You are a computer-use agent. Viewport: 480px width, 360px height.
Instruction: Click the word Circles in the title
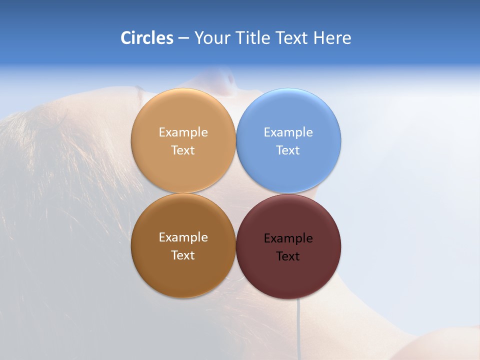[147, 38]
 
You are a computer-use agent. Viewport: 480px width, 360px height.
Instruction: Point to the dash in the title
[183, 38]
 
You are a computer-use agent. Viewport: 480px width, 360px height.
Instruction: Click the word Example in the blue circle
[288, 132]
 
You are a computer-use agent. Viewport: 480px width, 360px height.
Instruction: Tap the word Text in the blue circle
[288, 150]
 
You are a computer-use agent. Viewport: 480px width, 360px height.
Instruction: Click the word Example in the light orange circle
[183, 132]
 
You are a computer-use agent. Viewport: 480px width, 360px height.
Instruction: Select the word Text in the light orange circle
[183, 150]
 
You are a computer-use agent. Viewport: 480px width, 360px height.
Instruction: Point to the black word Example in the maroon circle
[288, 238]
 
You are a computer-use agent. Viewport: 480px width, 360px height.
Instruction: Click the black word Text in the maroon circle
[288, 256]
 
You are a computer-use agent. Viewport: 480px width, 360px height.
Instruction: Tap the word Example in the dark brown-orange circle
[183, 237]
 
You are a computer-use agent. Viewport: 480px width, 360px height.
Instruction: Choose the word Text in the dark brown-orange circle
[183, 255]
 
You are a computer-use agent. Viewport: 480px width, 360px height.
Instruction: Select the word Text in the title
[292, 38]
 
